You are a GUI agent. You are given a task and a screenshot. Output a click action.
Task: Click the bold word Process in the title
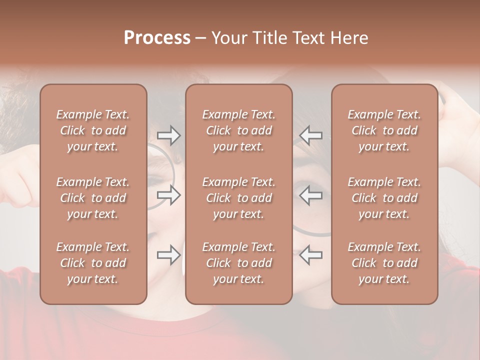click(157, 38)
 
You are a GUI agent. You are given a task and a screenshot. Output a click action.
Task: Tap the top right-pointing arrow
click(168, 135)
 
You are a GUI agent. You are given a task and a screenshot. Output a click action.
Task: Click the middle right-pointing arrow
click(168, 195)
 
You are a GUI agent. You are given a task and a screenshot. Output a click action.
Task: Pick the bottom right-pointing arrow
click(168, 255)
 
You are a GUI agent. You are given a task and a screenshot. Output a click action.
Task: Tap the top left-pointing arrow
click(310, 135)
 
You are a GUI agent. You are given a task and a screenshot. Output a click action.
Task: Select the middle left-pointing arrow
click(310, 195)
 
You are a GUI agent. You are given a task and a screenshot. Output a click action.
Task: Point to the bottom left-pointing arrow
click(310, 255)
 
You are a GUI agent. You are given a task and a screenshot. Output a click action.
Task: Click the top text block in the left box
click(93, 130)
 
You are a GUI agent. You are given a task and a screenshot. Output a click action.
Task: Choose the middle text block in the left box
click(93, 198)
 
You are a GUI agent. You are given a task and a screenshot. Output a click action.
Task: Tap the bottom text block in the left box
click(93, 263)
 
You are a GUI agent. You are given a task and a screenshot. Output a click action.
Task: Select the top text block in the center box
click(238, 130)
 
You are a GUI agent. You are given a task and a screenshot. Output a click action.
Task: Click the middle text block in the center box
click(238, 198)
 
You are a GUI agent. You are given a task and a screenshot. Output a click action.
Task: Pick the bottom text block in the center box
click(238, 263)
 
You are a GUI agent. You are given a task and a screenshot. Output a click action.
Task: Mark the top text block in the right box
click(384, 130)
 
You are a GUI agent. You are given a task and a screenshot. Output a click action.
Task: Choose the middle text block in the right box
click(384, 198)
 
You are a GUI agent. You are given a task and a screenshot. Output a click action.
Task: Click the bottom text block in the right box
click(384, 263)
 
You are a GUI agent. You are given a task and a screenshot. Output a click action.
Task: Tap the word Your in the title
click(228, 38)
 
